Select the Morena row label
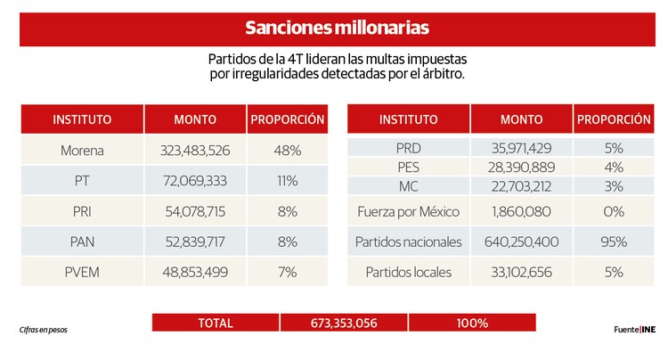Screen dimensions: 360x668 pyautogui.click(x=82, y=151)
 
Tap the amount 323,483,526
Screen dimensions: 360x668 pyautogui.click(x=195, y=151)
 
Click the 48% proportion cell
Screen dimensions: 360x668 pyautogui.click(x=287, y=151)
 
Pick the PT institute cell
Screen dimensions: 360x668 pyautogui.click(x=82, y=181)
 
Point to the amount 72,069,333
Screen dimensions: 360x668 pyautogui.click(x=195, y=181)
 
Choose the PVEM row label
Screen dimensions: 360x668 pyautogui.click(x=82, y=272)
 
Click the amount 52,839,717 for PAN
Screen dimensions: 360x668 pyautogui.click(x=195, y=241)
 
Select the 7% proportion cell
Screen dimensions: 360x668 pyautogui.click(x=287, y=272)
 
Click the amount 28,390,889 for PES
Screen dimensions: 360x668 pyautogui.click(x=521, y=167)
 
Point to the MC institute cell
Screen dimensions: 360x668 pyautogui.click(x=408, y=185)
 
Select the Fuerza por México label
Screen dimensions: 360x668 pyautogui.click(x=408, y=211)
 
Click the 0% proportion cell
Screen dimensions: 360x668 pyautogui.click(x=614, y=211)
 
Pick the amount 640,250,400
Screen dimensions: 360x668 pyautogui.click(x=521, y=241)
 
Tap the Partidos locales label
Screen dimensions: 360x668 pyautogui.click(x=408, y=272)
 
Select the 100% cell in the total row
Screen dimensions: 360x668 pyautogui.click(x=473, y=323)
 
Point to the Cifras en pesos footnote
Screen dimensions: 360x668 pyautogui.click(x=44, y=330)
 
